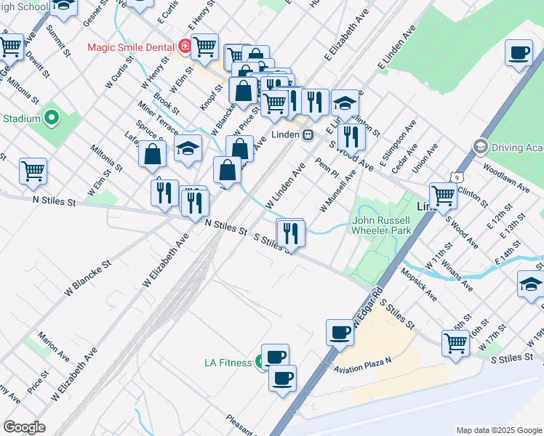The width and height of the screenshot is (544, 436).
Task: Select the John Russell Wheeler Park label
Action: click(382, 225)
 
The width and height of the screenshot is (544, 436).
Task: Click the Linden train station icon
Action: click(308, 135)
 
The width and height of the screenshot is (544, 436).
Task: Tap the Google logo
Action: click(24, 427)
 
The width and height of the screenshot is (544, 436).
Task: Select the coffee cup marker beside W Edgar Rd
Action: click(340, 333)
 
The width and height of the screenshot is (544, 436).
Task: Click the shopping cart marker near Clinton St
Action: click(442, 195)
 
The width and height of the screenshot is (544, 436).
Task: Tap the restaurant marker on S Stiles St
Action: click(289, 233)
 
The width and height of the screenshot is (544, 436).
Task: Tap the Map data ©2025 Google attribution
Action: click(499, 430)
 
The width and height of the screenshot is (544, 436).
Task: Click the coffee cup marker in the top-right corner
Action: click(519, 53)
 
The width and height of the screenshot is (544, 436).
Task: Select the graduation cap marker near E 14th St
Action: click(531, 285)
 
